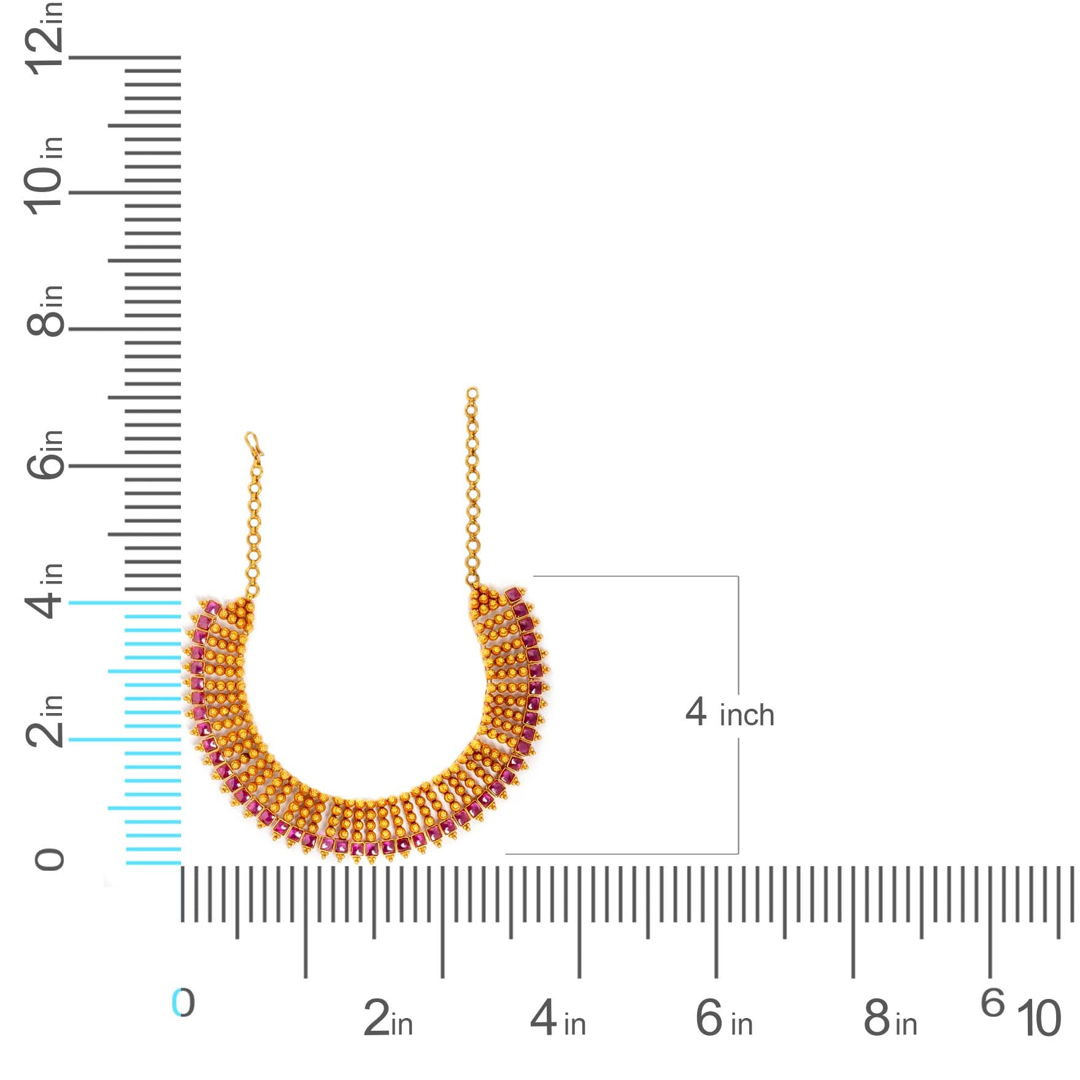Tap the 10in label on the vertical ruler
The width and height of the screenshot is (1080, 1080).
(x=44, y=175)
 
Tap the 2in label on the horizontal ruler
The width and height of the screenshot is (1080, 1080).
(x=388, y=1018)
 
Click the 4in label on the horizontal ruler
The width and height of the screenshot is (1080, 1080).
(x=558, y=1018)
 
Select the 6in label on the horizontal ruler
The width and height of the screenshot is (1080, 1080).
(x=724, y=1018)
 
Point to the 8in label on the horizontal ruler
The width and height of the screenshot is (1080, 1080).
(x=890, y=1018)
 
